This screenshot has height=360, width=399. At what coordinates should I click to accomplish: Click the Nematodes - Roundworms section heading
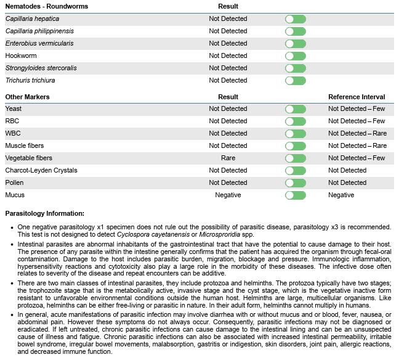coord(46,6)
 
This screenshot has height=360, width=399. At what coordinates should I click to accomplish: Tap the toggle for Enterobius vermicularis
coord(296,44)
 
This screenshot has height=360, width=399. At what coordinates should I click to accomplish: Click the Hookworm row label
coord(21,55)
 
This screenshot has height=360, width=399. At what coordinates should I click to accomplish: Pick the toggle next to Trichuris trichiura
coord(296,81)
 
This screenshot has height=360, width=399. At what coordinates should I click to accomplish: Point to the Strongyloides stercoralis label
coord(41,68)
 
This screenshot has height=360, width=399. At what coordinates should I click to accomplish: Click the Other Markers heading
coord(28,97)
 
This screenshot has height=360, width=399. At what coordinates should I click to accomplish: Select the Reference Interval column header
coord(357,97)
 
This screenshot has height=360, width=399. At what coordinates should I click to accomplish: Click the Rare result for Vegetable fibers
coord(228,158)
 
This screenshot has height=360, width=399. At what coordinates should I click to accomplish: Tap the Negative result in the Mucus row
coord(228,195)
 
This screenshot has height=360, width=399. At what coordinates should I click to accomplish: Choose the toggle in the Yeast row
coord(296,109)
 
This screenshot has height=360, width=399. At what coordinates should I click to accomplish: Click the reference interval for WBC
coord(357,133)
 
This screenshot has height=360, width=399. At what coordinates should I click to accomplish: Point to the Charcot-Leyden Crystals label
coord(41,170)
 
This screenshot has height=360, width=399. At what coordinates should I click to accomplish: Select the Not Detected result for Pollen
coord(228,182)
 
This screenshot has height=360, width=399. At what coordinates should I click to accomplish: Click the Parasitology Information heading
coord(45,213)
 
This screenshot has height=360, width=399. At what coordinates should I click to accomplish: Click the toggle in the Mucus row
coord(296,195)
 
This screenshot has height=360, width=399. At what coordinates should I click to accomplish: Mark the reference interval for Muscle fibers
coord(357,145)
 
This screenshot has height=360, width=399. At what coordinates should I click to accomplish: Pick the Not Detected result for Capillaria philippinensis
coord(228,31)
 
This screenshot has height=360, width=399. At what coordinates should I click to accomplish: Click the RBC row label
coord(13,121)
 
